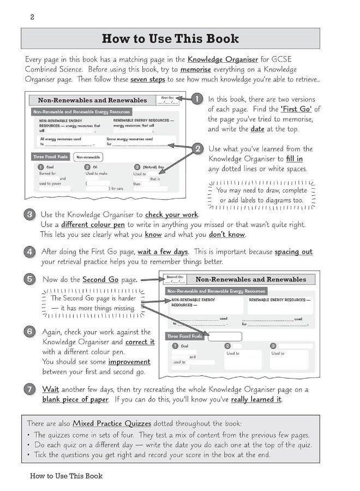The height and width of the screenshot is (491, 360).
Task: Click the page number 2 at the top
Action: pyautogui.click(x=32, y=17)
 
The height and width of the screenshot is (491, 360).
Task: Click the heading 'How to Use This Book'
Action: pyautogui.click(x=170, y=39)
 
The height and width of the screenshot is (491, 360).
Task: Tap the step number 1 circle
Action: pyautogui.click(x=198, y=99)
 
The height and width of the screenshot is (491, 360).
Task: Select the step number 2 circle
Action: pyautogui.click(x=198, y=148)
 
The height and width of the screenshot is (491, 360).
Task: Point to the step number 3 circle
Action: pyautogui.click(x=31, y=214)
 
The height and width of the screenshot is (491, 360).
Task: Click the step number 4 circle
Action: pyautogui.click(x=31, y=252)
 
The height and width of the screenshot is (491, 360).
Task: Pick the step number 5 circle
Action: pyautogui.click(x=31, y=279)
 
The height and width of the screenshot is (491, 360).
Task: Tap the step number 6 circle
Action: pyautogui.click(x=31, y=332)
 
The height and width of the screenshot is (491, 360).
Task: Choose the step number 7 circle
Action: pyautogui.click(x=31, y=390)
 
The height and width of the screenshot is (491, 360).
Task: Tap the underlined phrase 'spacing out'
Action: pyautogui.click(x=293, y=252)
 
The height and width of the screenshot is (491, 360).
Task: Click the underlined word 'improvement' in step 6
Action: pyautogui.click(x=129, y=362)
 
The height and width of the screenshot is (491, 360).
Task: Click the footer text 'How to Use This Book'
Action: pyautogui.click(x=66, y=476)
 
